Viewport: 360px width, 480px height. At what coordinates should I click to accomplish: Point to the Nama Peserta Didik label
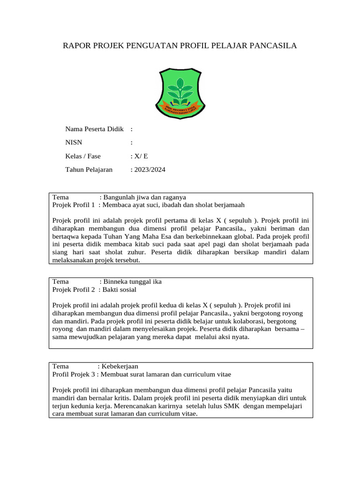click(x=94, y=129)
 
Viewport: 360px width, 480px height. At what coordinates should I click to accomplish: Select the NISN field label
click(x=74, y=142)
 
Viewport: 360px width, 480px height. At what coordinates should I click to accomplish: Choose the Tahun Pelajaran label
click(x=89, y=170)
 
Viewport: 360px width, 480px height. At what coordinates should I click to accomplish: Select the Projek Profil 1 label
click(x=74, y=205)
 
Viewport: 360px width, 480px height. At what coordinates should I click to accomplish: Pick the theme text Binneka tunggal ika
click(x=132, y=282)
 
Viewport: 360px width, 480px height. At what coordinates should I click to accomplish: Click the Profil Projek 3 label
click(x=74, y=374)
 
